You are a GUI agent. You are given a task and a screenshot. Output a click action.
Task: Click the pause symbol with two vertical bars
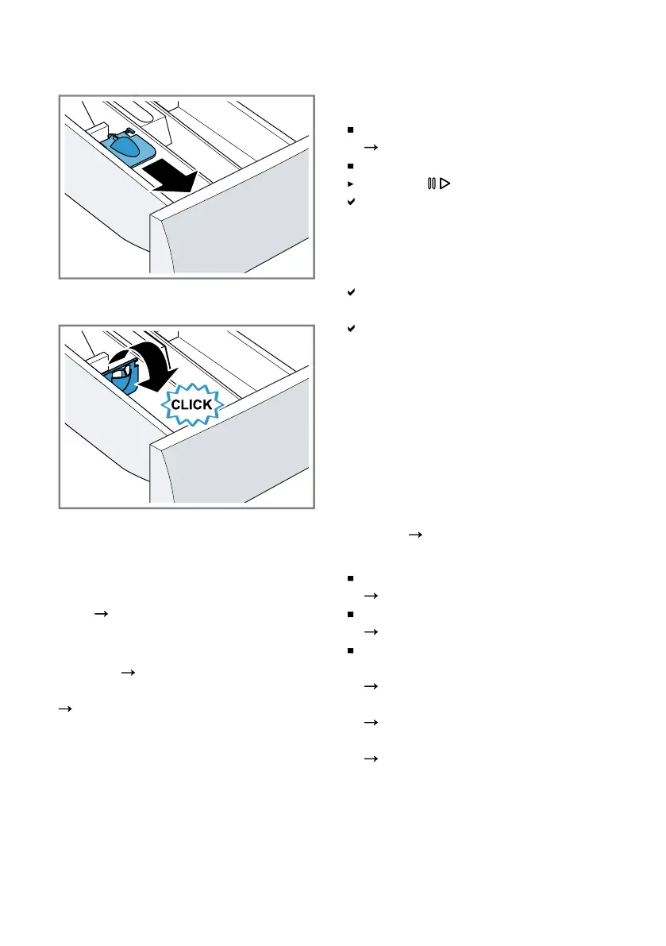tap(431, 183)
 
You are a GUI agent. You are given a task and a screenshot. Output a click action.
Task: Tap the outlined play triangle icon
tap(445, 183)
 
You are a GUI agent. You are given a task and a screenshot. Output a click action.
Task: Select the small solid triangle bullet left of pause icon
tap(350, 183)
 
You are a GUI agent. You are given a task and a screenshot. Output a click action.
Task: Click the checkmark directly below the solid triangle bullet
tap(350, 203)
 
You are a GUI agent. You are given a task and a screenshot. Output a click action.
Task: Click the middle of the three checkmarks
tap(350, 293)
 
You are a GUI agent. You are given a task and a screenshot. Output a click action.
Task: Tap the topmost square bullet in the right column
tap(350, 129)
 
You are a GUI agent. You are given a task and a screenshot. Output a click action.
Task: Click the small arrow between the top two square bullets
tap(368, 148)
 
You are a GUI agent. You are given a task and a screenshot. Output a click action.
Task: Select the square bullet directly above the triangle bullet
tap(350, 166)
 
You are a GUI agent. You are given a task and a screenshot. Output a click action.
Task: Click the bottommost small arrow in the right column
tap(368, 759)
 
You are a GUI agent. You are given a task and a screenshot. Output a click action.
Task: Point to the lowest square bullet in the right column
tap(350, 651)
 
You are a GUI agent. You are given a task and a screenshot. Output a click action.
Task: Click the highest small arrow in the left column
tap(101, 613)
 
